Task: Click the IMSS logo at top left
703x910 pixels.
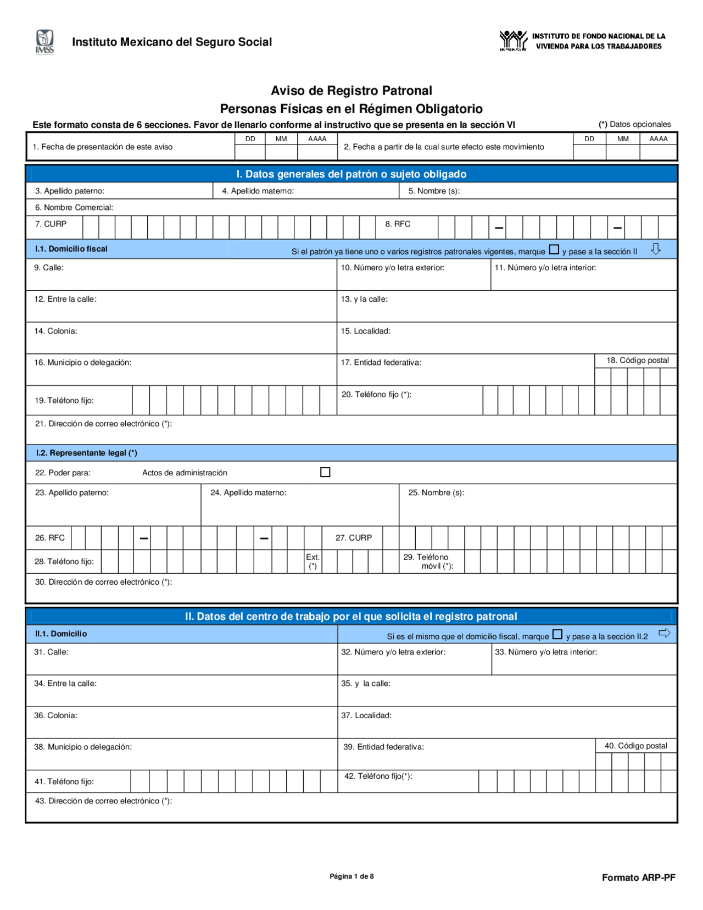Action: click(x=45, y=42)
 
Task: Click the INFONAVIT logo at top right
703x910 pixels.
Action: click(x=513, y=41)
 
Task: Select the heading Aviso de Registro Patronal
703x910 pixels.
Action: click(x=351, y=91)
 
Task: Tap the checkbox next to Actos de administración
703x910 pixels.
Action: click(x=325, y=472)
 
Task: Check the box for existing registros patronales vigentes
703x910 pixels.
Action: click(x=554, y=249)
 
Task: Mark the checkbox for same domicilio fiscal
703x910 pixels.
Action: click(x=557, y=634)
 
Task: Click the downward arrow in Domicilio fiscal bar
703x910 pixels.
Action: click(x=656, y=249)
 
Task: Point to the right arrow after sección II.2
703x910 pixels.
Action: click(x=665, y=633)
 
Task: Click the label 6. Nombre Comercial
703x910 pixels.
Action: click(x=74, y=207)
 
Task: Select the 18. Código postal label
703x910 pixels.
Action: click(x=637, y=360)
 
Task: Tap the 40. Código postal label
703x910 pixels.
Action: click(x=635, y=746)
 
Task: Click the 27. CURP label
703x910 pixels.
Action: click(x=353, y=537)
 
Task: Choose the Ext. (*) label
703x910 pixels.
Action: click(x=313, y=561)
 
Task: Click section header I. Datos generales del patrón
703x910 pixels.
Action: click(x=351, y=174)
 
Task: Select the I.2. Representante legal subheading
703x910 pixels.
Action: click(x=86, y=453)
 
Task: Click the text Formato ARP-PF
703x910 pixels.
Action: click(x=638, y=878)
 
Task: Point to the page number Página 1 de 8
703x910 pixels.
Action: click(x=351, y=876)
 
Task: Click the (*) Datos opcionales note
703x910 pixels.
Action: click(x=634, y=124)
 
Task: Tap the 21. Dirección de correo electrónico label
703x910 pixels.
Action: click(x=103, y=424)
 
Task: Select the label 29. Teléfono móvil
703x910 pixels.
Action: click(x=428, y=561)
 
